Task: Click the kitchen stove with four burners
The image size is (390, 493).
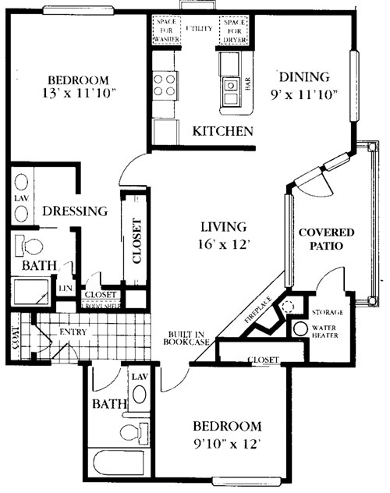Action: coord(165,84)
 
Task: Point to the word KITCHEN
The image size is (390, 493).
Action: coord(222,131)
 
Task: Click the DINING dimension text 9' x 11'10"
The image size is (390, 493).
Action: coord(305,96)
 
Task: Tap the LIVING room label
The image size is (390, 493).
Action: coord(224,227)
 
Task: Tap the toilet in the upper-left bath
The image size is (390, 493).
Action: coord(31,247)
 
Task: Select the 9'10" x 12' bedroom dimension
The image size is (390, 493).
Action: coord(226,445)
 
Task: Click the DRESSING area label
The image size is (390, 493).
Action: coord(74,211)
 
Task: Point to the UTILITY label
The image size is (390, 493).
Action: coord(200,28)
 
